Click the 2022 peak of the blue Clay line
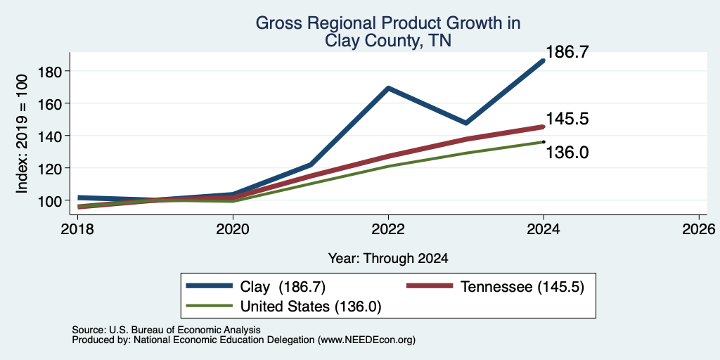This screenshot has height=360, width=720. tap(388, 88)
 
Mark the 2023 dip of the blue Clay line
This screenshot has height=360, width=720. tap(466, 122)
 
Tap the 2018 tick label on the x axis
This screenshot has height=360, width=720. tap(78, 229)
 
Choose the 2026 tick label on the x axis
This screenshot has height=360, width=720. tap(699, 229)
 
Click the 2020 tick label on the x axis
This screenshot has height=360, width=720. tap(233, 229)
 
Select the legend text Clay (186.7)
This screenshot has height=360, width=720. tap(283, 287)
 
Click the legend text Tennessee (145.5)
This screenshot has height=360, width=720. tap(522, 287)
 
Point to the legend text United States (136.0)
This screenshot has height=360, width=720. tap(311, 307)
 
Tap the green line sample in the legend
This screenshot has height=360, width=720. tap(209, 306)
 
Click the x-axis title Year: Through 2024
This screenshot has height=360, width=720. tap(388, 259)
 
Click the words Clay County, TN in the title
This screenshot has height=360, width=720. tap(388, 41)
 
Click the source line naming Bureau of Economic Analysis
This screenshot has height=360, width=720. tap(166, 330)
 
